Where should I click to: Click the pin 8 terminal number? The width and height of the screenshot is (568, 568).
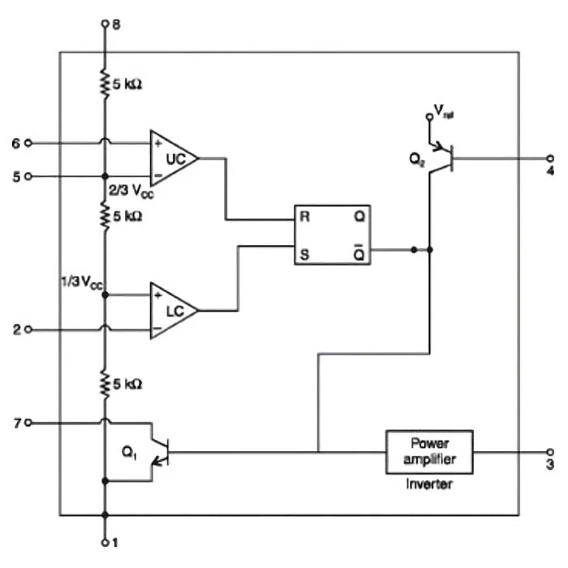115,24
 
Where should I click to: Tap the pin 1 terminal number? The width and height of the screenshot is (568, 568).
115,542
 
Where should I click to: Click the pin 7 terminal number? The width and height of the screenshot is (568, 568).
16,422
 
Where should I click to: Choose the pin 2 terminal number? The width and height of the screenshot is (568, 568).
16,329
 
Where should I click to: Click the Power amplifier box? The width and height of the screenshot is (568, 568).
429,452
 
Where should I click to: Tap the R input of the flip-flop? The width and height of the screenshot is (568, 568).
303,218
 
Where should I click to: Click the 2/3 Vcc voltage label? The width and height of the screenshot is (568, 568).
130,191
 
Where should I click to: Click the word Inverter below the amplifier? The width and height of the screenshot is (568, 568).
429,484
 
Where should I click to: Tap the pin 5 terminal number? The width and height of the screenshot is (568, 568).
16,175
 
